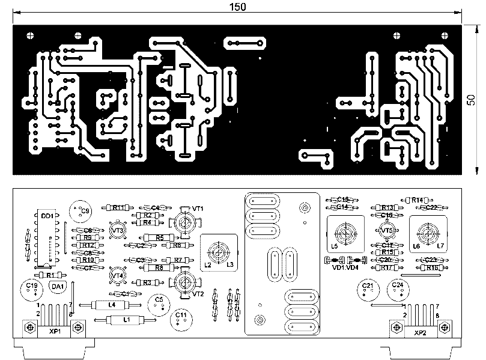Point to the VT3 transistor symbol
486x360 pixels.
click(x=118, y=230)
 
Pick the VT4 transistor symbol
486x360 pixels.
click(x=118, y=275)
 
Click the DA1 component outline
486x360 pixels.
click(x=58, y=287)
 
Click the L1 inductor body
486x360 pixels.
click(x=126, y=320)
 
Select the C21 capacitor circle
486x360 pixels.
click(x=368, y=289)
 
